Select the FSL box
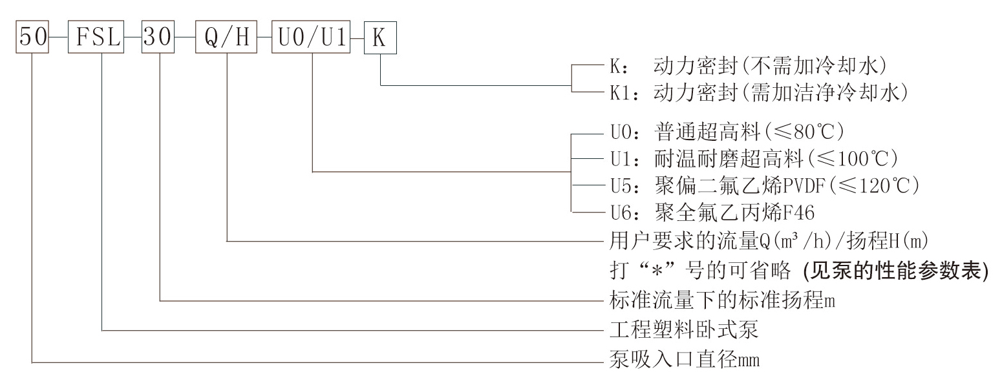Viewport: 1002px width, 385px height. (96, 37)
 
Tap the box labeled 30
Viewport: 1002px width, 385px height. (158, 37)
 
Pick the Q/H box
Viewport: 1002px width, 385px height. (226, 37)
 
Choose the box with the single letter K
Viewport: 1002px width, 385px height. (379, 37)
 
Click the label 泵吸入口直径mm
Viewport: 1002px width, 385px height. (684, 360)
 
